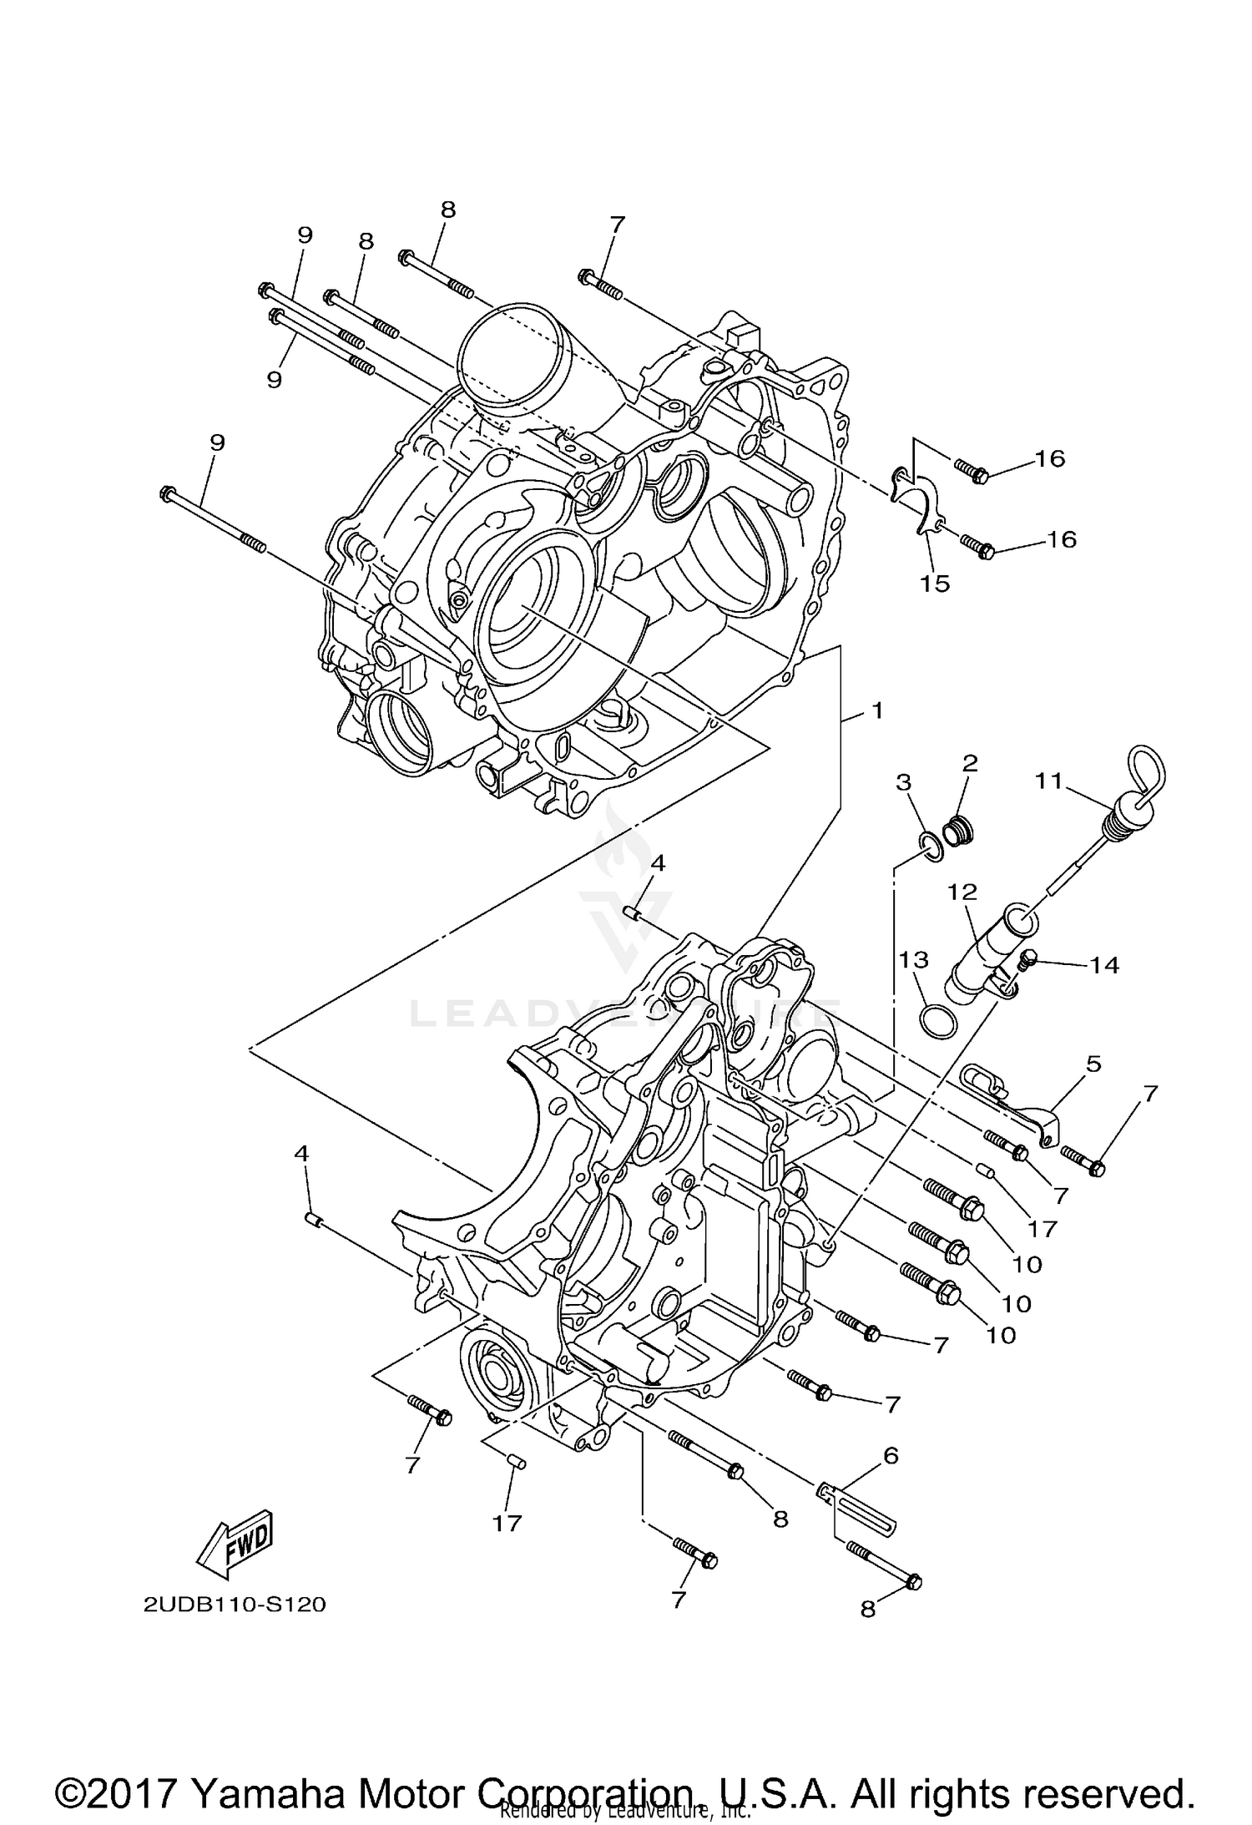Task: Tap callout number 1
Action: tap(876, 710)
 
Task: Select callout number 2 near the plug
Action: tap(969, 762)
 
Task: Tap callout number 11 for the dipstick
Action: tap(1048, 781)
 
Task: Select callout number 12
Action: tap(962, 892)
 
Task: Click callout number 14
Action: tap(1103, 965)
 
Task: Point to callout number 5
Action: tap(1093, 1064)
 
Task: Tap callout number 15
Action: tap(935, 584)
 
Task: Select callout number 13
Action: tap(914, 959)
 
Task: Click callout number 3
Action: tap(903, 781)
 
